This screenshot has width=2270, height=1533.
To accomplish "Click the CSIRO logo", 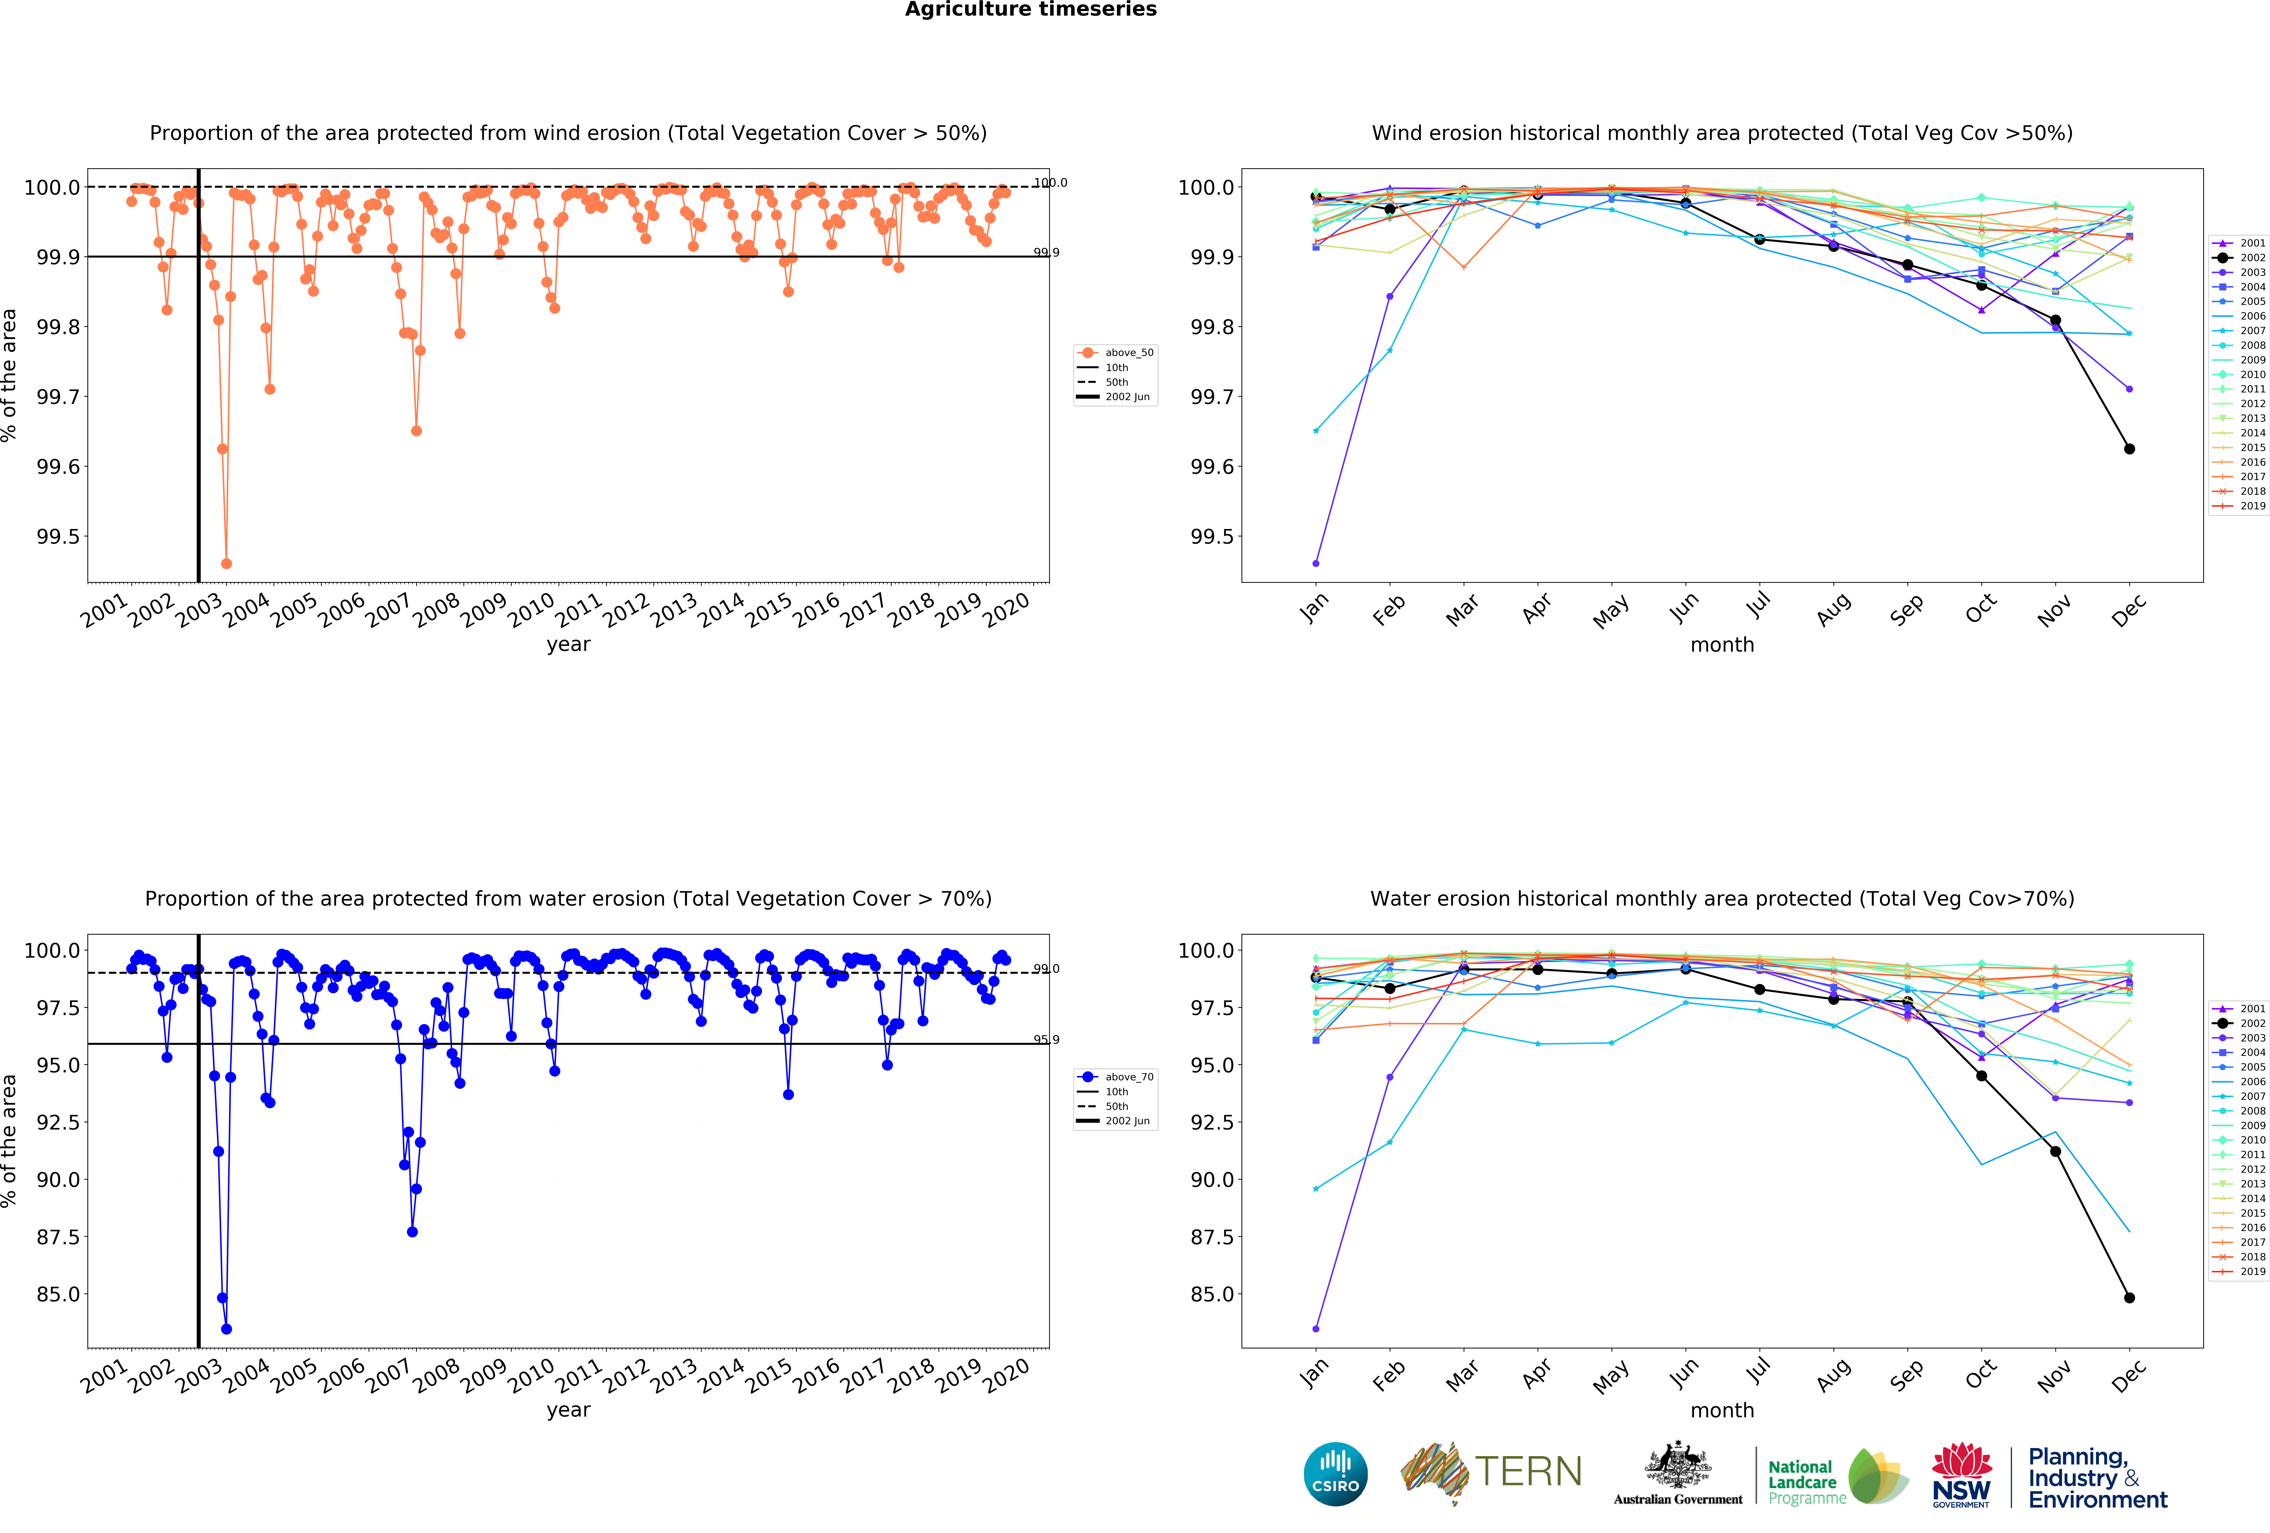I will pos(1335,1473).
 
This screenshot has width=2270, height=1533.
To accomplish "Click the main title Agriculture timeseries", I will pos(1030,10).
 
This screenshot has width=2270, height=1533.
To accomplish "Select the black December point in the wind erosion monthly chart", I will pos(2129,449).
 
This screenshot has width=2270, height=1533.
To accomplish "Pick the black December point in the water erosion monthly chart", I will pos(2129,1298).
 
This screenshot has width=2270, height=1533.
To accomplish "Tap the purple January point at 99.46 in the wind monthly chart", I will pos(1316,563).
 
